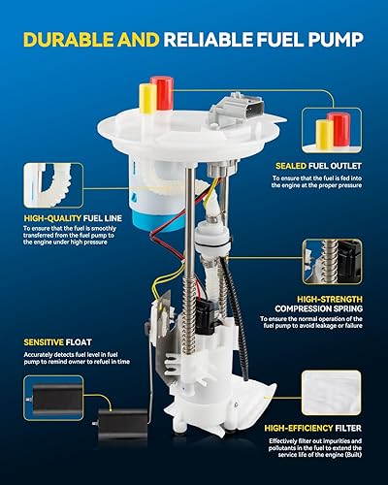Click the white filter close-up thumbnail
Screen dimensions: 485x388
[329, 388]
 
